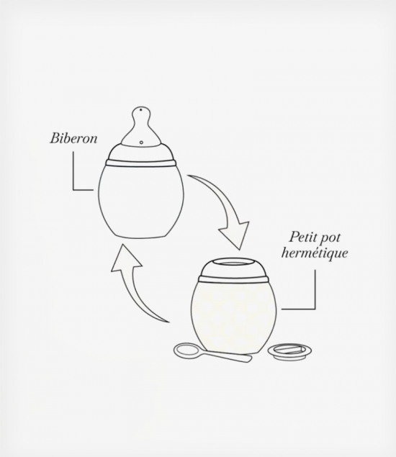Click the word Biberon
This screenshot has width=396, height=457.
(x=73, y=138)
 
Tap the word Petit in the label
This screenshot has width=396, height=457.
(x=302, y=237)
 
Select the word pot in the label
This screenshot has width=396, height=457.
(x=330, y=238)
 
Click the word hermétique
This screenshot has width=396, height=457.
(x=315, y=253)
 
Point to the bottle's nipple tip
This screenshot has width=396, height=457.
(x=141, y=107)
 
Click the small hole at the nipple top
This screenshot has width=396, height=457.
(x=141, y=110)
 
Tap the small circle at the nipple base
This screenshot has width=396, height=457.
(x=141, y=142)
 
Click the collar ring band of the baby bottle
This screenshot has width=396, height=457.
(x=141, y=163)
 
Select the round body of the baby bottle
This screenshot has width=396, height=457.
(x=141, y=201)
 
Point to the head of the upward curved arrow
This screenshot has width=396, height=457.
(x=125, y=258)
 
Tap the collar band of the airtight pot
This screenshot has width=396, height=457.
(x=233, y=279)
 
